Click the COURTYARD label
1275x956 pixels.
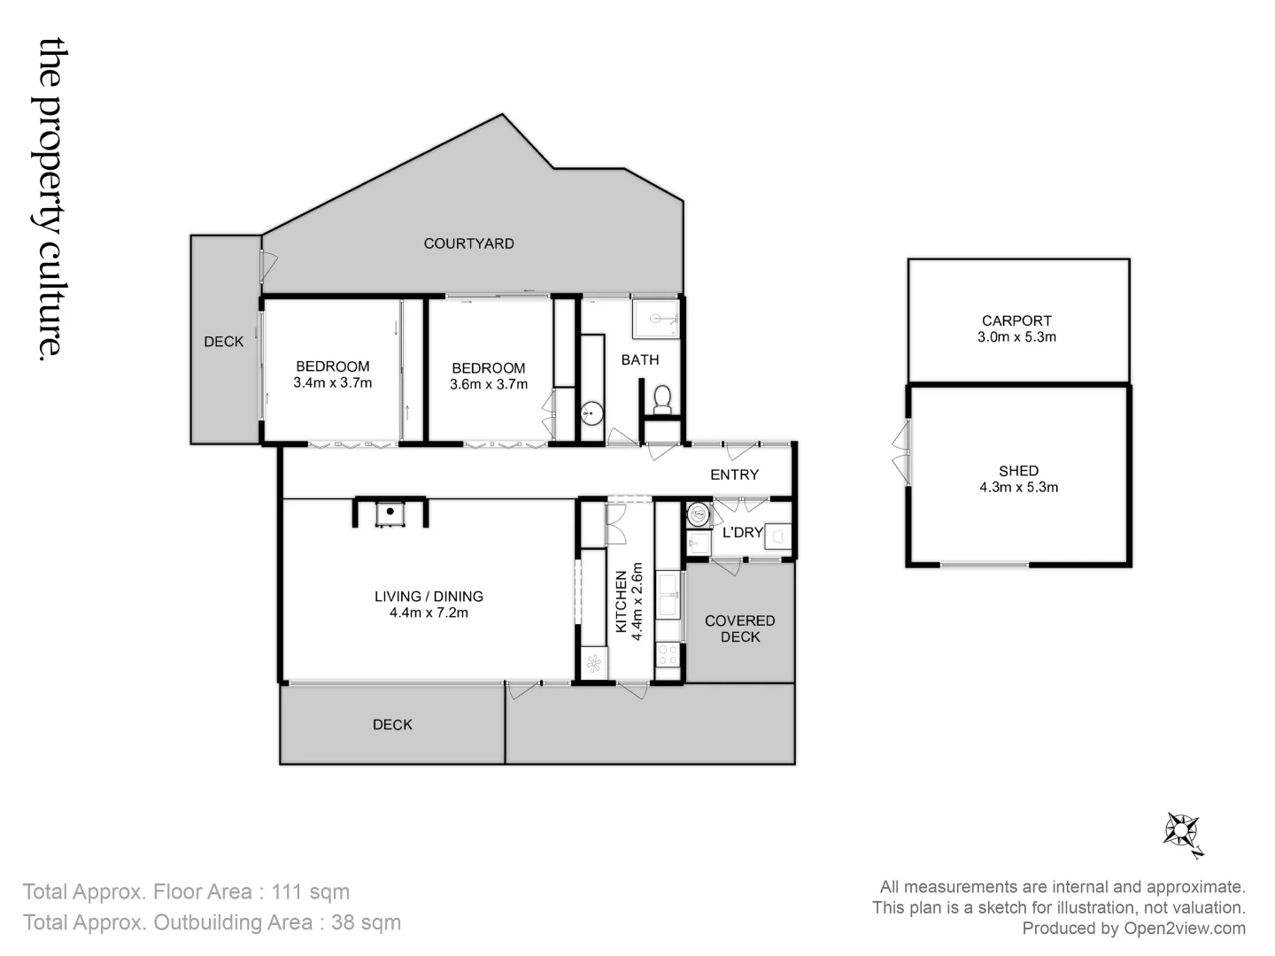click(x=468, y=243)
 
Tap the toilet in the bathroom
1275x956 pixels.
click(x=661, y=399)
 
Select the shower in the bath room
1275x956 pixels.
click(x=655, y=319)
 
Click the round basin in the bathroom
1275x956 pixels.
click(x=591, y=412)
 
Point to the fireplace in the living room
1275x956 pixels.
click(x=390, y=513)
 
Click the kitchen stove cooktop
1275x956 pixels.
click(x=667, y=655)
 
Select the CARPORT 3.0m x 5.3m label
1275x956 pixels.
click(x=1016, y=328)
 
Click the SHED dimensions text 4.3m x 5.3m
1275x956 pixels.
click(x=1018, y=487)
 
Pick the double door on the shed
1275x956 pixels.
click(x=901, y=451)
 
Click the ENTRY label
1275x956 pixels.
click(x=734, y=474)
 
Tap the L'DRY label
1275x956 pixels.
click(x=742, y=532)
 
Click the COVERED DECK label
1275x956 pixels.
click(x=739, y=628)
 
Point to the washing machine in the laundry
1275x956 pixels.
click(x=699, y=513)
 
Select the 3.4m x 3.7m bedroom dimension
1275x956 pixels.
click(x=332, y=383)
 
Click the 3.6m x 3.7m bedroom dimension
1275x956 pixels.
click(x=488, y=384)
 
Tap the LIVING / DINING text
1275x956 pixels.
click(x=429, y=597)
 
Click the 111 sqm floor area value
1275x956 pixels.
click(x=311, y=891)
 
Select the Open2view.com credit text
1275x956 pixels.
click(x=1184, y=929)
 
